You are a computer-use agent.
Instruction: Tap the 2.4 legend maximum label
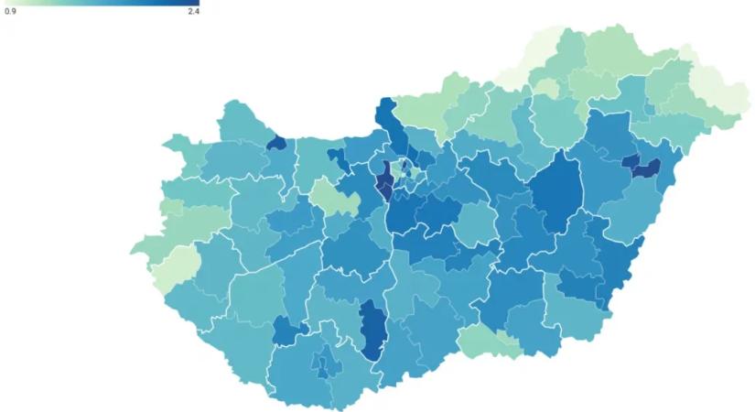click(193, 12)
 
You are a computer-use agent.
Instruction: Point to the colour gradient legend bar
click(101, 3)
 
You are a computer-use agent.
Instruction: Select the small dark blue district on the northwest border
click(275, 143)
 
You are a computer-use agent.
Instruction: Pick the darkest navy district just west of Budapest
click(384, 179)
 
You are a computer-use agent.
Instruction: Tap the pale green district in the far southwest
click(177, 265)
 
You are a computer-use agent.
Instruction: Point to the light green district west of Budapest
click(324, 196)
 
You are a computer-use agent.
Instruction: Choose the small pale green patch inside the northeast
click(546, 88)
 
